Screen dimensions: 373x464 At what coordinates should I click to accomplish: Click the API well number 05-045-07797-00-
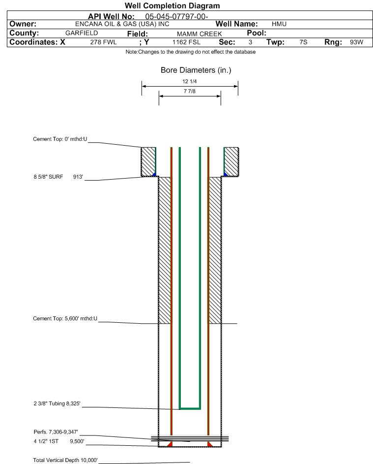click(176, 17)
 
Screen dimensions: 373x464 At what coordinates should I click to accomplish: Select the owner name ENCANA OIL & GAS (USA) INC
click(122, 24)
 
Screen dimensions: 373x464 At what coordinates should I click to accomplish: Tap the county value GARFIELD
click(82, 33)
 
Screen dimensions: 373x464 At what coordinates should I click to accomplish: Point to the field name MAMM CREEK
click(199, 34)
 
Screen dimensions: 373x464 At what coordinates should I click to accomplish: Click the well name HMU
click(279, 24)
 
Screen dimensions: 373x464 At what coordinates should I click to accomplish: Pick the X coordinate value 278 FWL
click(103, 42)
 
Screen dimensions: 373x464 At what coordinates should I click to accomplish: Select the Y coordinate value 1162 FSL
click(186, 42)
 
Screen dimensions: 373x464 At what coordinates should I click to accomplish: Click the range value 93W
click(356, 42)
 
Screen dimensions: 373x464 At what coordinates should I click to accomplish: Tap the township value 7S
click(303, 42)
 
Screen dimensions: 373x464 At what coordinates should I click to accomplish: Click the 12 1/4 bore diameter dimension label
click(190, 81)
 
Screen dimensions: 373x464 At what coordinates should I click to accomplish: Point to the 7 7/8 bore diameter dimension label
click(190, 91)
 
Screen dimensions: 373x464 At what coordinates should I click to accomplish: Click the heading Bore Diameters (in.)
click(196, 70)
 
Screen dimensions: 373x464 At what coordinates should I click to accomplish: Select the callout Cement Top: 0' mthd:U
click(60, 139)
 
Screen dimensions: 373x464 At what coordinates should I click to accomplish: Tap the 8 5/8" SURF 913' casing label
click(58, 177)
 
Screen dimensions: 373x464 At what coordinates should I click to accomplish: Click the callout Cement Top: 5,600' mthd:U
click(65, 319)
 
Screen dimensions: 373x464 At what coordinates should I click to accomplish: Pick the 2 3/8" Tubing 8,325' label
click(57, 403)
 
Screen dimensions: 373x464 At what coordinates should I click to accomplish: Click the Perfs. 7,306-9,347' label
click(56, 432)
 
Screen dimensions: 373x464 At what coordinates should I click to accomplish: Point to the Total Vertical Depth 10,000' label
click(65, 460)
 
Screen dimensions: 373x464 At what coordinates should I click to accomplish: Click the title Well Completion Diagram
click(172, 5)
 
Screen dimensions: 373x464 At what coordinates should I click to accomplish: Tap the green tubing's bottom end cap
click(190, 409)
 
